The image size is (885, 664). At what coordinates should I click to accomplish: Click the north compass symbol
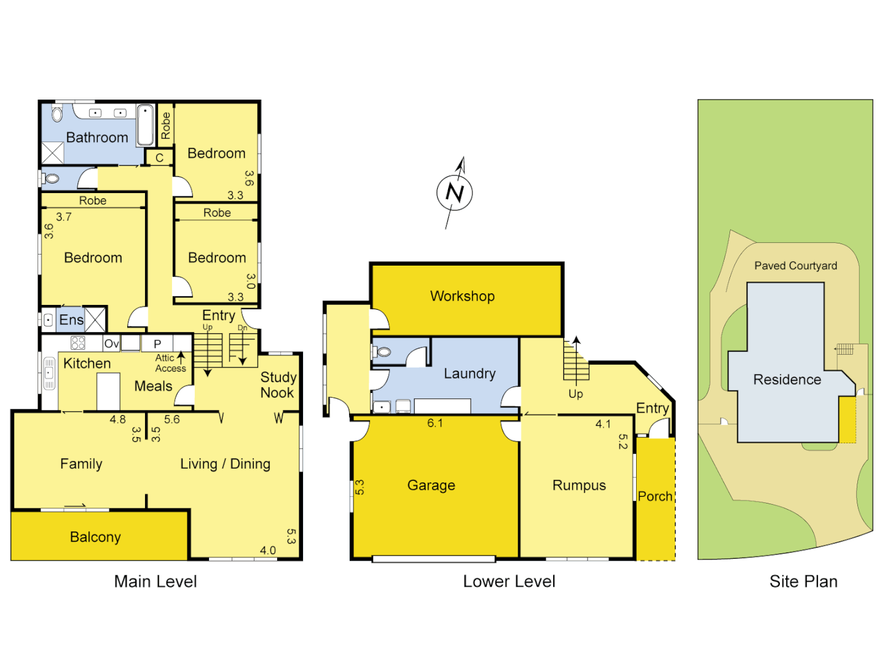[455, 192]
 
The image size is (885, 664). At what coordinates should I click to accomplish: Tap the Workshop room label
[462, 296]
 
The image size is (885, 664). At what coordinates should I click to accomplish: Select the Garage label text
[431, 485]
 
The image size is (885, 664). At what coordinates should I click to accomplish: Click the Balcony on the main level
[95, 537]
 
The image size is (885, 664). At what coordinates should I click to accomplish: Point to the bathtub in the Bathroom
[146, 125]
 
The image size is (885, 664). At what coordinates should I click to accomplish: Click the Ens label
[71, 320]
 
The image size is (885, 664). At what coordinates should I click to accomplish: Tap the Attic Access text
[170, 363]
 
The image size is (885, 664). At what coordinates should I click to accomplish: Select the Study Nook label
[278, 385]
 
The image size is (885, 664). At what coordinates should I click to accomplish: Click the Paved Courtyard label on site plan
[795, 266]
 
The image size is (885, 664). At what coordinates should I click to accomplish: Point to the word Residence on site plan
[787, 379]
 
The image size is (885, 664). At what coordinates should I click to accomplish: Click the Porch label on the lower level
[655, 496]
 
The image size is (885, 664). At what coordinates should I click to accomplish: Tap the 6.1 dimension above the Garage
[435, 423]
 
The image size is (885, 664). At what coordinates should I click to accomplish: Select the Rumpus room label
[579, 485]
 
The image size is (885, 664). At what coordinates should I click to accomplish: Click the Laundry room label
[470, 374]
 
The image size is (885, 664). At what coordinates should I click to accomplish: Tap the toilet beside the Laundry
[383, 352]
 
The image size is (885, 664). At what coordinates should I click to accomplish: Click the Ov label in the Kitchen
[111, 344]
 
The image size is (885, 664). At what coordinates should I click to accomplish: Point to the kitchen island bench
[108, 391]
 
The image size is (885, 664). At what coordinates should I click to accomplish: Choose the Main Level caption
[155, 581]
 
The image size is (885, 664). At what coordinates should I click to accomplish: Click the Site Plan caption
[803, 581]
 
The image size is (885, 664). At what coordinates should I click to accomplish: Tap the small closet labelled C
[159, 157]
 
